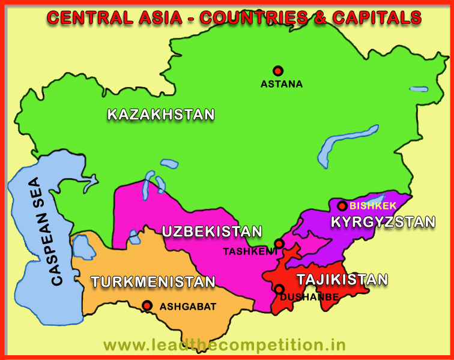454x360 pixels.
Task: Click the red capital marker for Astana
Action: (277, 70)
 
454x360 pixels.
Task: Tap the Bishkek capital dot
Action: (342, 206)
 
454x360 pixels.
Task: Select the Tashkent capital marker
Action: (279, 244)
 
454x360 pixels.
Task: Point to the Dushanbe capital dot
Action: (279, 289)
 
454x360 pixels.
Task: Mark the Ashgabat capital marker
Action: (147, 305)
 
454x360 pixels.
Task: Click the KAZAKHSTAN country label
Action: (161, 115)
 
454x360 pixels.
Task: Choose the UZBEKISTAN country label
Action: (212, 232)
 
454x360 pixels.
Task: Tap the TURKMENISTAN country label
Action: (153, 281)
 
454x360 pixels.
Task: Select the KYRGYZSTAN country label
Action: (383, 222)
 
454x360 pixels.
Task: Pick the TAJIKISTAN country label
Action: (342, 279)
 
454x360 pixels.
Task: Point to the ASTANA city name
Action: (282, 85)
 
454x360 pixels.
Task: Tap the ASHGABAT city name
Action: (187, 307)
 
